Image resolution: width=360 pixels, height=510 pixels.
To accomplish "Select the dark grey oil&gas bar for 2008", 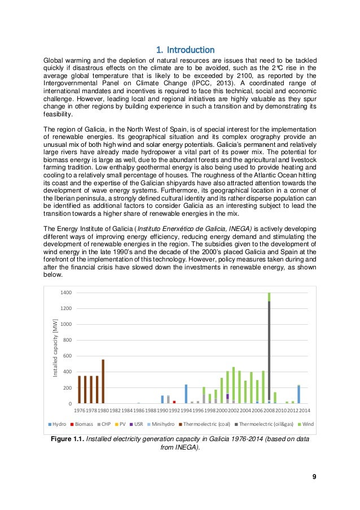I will click(x=269, y=350).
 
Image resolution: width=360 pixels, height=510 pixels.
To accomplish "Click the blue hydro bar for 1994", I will click(x=186, y=394).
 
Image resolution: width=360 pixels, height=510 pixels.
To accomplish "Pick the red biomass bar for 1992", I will click(x=174, y=402).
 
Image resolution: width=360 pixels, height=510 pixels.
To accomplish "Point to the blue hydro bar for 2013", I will click(x=299, y=394).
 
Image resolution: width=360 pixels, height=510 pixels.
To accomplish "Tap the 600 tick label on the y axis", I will click(x=66, y=356).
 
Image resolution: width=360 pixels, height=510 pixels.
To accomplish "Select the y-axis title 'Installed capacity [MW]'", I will click(x=55, y=347).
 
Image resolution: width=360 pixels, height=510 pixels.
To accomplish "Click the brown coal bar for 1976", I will click(x=80, y=390).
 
